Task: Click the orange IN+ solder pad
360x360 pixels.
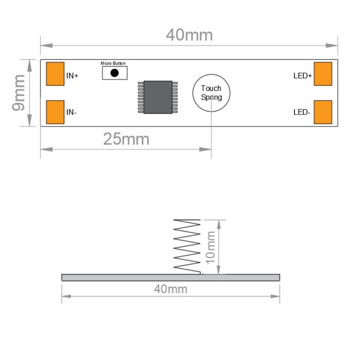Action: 55,74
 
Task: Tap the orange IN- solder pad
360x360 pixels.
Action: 55,112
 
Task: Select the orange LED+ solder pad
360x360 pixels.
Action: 323,74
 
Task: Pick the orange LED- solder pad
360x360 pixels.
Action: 323,112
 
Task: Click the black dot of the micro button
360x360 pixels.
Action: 114,73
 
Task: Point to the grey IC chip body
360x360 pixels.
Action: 158,97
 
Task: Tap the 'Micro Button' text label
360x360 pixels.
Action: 113,63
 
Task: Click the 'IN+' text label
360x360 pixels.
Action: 72,76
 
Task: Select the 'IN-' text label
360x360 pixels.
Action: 71,112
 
